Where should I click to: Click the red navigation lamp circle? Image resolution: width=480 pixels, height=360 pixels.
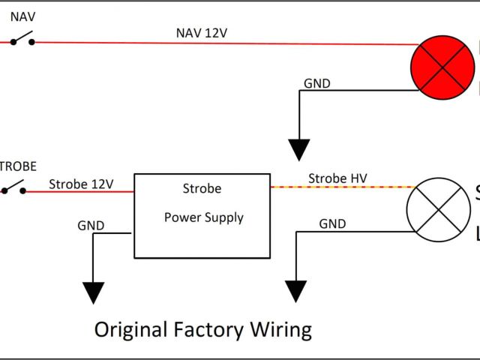point(443,67)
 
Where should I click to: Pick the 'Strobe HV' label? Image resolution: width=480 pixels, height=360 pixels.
point(337,178)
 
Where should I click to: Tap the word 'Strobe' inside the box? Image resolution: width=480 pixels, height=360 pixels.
point(202,188)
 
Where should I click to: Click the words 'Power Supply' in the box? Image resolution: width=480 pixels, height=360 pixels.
point(203,217)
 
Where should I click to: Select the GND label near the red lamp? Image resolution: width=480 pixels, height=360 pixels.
point(316,83)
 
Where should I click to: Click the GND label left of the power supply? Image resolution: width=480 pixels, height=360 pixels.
point(91,225)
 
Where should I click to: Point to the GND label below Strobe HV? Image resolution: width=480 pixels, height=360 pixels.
point(332,223)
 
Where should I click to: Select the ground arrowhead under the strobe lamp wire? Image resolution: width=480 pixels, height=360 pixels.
point(296,290)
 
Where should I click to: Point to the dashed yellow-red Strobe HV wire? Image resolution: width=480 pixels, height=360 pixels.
point(337,187)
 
